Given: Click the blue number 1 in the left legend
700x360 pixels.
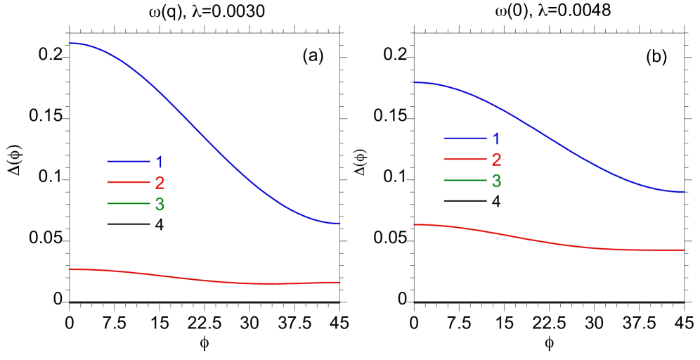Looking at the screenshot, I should pos(160,162).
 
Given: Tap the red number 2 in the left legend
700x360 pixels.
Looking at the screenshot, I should pos(160,184).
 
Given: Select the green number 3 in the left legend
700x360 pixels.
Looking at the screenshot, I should pos(160,205).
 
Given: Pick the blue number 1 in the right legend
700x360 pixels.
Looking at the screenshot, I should pos(496,139).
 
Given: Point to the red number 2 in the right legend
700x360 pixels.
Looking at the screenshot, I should pos(496,160).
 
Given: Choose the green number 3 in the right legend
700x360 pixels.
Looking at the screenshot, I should pos(496,181).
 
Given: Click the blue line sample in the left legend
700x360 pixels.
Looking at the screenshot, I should pos(129,162).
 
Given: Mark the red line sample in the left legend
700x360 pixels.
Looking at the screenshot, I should pos(129,183).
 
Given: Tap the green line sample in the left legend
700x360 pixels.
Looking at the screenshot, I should pos(129,204).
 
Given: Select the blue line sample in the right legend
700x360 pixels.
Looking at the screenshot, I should pos(465,138).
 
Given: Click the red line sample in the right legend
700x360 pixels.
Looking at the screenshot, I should pos(465,160).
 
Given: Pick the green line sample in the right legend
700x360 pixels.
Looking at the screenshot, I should pos(465,181).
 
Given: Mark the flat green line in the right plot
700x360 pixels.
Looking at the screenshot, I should pos(548,302).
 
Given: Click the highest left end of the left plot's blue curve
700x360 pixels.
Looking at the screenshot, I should pos(70,44).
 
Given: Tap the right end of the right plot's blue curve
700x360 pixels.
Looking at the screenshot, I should pos(683,191).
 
